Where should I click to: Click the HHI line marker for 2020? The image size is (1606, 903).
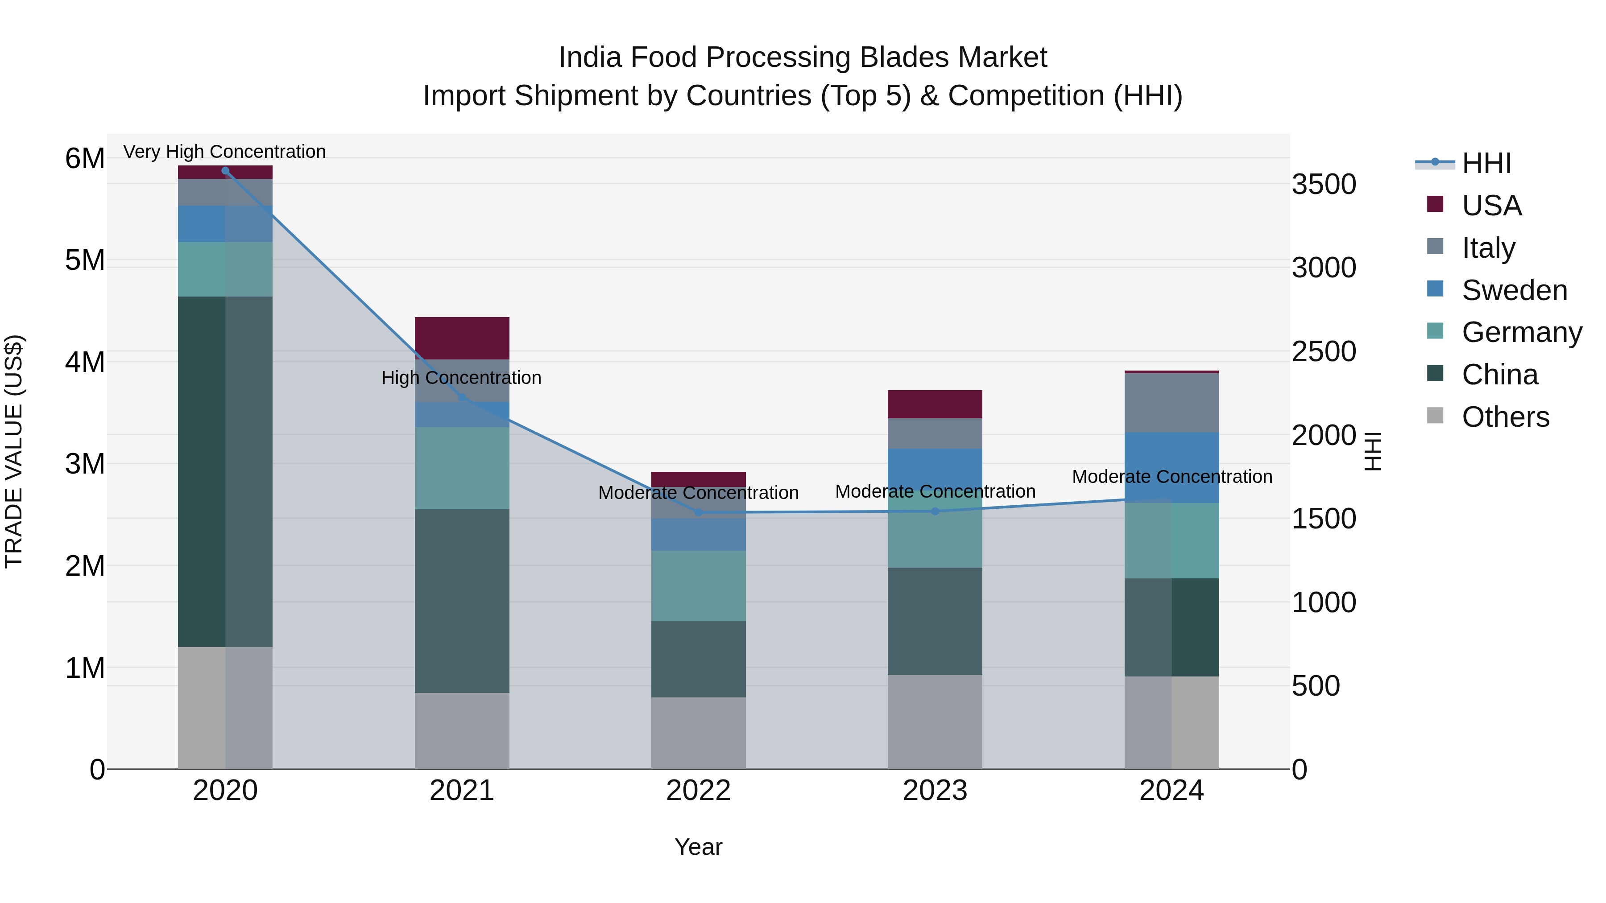(225, 170)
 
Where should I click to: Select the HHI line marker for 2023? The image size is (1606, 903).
(935, 511)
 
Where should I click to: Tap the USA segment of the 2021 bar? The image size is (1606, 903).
(462, 338)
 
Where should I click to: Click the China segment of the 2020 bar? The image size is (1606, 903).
(225, 472)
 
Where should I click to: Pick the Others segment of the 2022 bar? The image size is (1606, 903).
(698, 733)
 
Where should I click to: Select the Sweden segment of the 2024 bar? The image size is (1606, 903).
(1171, 467)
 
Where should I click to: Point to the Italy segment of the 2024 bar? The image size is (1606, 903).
(1171, 403)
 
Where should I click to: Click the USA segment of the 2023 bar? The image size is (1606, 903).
(935, 404)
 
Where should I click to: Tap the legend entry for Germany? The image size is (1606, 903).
(1521, 332)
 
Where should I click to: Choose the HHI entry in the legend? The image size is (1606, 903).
(1486, 163)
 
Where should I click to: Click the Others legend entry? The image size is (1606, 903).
(1505, 417)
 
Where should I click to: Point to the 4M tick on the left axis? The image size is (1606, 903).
(85, 362)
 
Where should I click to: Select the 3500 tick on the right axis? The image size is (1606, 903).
(1324, 185)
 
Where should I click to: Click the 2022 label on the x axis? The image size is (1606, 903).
(698, 791)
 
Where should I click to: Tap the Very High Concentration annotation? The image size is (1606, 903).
(224, 152)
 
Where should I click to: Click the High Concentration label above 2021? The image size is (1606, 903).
(461, 378)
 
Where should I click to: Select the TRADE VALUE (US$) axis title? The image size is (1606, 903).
(14, 452)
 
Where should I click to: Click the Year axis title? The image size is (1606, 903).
(698, 847)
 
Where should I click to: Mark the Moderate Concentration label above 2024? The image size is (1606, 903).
(1171, 477)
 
